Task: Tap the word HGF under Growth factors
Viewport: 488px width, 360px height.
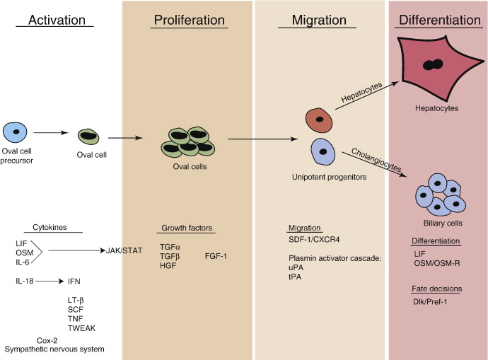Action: (x=169, y=265)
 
